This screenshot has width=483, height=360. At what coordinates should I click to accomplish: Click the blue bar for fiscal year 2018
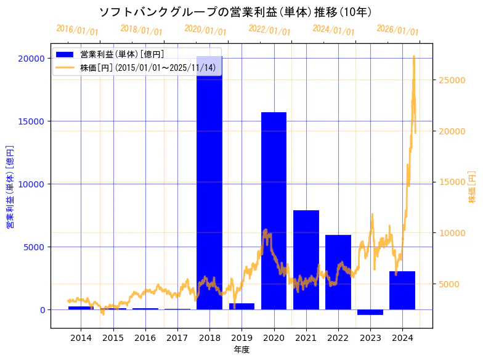point(209,185)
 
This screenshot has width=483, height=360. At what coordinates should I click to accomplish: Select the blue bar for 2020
point(274,210)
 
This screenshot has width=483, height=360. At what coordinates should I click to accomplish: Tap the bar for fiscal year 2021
point(306,259)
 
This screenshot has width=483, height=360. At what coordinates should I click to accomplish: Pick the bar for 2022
point(338,271)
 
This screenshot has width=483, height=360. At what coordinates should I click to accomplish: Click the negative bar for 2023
point(370,312)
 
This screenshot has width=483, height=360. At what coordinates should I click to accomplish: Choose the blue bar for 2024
point(402,290)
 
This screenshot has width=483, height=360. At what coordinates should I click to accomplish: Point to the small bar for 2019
point(241,306)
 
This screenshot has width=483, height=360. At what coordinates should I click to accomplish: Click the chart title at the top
point(235,12)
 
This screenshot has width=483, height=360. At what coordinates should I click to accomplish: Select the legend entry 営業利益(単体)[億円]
point(121,54)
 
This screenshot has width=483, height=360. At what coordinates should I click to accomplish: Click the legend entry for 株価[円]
point(148,67)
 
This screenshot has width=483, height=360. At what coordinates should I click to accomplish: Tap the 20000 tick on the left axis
point(34,59)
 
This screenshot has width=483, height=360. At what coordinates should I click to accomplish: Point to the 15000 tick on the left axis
point(34,121)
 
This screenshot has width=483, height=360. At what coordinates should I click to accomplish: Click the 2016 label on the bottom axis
point(145,338)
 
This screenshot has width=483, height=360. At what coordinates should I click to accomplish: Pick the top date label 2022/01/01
point(269,30)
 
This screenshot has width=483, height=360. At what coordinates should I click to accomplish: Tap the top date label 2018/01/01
point(141,30)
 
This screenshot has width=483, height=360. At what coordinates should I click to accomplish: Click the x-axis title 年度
point(241,350)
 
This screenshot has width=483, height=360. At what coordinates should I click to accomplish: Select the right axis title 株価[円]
point(473,187)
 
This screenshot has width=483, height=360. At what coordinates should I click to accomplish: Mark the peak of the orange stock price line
point(413,56)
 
